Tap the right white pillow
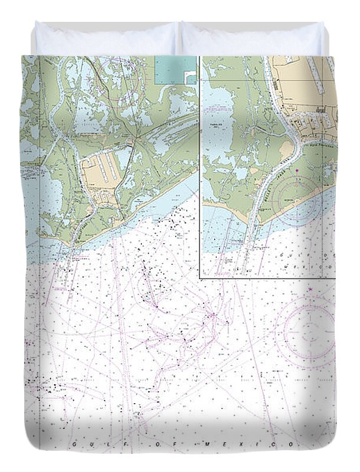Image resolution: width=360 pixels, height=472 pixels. click(253, 39)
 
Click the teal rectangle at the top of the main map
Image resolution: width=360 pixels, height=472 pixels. click(175, 70)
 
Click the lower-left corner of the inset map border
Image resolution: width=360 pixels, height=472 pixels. click(200, 277)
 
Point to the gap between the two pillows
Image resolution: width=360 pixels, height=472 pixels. click(179, 38)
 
